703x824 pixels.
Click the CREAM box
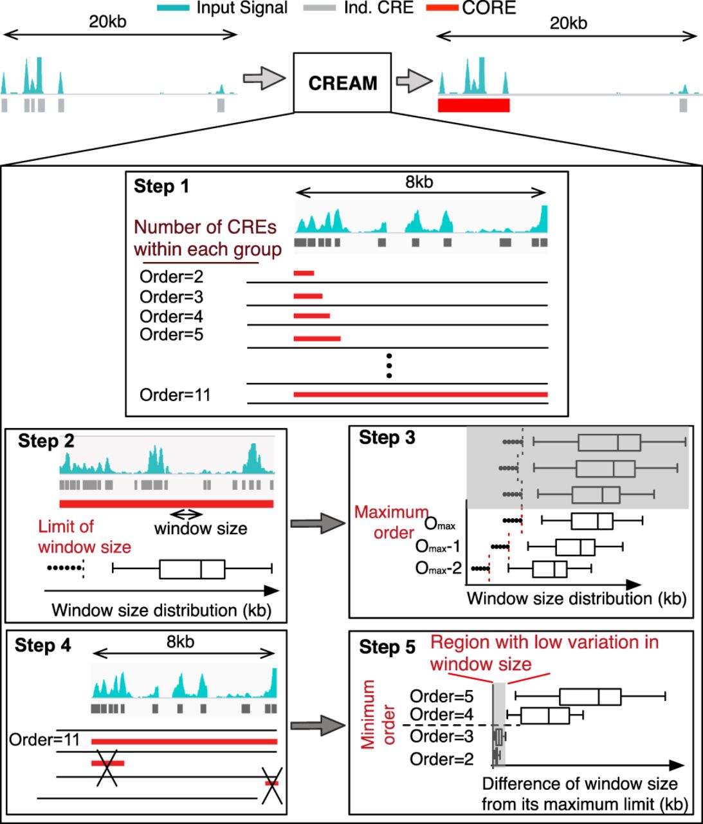point(342,83)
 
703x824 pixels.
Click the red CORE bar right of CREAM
point(473,106)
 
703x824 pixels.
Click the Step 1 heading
point(161,187)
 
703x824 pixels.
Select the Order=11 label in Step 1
point(175,395)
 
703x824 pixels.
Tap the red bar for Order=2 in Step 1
point(304,274)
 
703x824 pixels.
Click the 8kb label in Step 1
point(419,182)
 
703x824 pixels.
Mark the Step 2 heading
point(46,441)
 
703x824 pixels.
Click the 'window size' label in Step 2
point(201,529)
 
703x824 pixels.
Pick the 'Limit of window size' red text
point(84,536)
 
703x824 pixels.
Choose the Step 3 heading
point(387,438)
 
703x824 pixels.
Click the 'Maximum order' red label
point(391,522)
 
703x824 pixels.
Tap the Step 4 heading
point(43,646)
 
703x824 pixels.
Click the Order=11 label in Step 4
point(44,740)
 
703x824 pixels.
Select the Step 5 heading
point(387,647)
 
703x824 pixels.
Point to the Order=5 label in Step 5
point(442,697)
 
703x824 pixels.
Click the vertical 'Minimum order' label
point(378,715)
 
